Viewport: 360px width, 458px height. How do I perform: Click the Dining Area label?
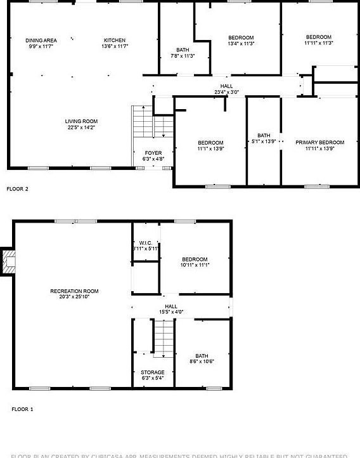tap(41, 40)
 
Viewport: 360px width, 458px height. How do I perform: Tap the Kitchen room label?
tap(115, 40)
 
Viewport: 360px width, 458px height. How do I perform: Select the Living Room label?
tap(81, 121)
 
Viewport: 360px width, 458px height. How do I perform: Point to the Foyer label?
tap(153, 153)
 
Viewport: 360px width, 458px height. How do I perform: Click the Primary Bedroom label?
tap(319, 142)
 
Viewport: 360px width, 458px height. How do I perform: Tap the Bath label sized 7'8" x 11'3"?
tap(183, 50)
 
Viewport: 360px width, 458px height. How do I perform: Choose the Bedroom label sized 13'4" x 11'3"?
tap(241, 37)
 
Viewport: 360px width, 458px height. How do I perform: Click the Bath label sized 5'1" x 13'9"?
tap(264, 135)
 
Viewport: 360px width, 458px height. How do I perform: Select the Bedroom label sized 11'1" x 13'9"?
tap(210, 142)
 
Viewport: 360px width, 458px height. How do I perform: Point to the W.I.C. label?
tap(146, 243)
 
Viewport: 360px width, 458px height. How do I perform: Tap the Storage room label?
tap(153, 372)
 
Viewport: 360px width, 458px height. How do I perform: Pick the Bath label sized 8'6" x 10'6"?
tap(202, 356)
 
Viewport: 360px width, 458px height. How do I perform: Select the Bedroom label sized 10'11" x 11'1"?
tap(195, 259)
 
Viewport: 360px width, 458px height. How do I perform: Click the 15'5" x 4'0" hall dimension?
tap(170, 311)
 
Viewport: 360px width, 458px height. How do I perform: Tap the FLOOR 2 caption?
tap(17, 188)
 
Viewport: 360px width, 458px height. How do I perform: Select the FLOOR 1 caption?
tap(22, 409)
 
